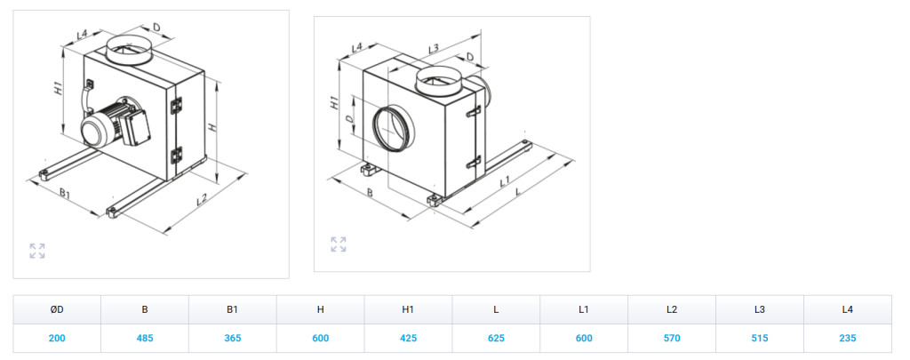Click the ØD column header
coord(57,309)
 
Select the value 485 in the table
coord(145,338)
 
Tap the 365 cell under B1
coord(232,338)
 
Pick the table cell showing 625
coord(496,338)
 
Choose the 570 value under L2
coord(672,338)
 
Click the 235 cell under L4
coord(847,338)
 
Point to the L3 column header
coord(759,309)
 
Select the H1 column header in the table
coord(408,309)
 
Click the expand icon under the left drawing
coord(37,251)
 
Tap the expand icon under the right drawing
coord(339,244)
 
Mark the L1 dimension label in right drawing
coord(505,181)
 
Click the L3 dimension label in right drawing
coord(433,49)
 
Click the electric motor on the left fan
coord(113,124)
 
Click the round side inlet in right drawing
coord(392,126)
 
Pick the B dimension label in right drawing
coord(370,192)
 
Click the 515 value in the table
coord(759,338)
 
